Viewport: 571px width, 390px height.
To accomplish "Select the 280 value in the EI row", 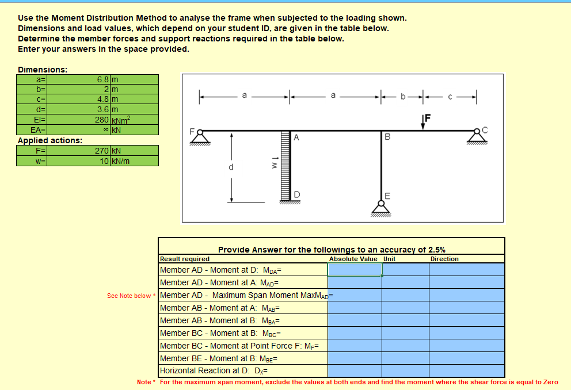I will point(101,120).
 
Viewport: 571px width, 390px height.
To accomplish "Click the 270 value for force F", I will point(101,151).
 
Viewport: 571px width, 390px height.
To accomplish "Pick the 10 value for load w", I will point(104,161).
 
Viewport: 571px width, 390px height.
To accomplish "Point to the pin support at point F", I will point(200,137).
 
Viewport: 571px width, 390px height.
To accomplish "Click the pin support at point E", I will point(379,205).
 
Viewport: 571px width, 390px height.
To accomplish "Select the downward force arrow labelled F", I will point(424,123).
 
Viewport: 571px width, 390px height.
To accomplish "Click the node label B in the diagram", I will point(387,137).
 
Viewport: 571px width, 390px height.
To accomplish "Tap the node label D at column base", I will point(297,194).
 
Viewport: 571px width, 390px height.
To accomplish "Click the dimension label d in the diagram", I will point(231,167).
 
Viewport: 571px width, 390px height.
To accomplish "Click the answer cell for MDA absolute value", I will point(355,269).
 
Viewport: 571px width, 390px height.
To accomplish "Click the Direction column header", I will point(444,259).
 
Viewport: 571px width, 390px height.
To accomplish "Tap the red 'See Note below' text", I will point(129,296).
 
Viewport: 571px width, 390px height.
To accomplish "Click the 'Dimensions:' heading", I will point(43,69).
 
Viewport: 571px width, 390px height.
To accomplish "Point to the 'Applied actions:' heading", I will point(50,140).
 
